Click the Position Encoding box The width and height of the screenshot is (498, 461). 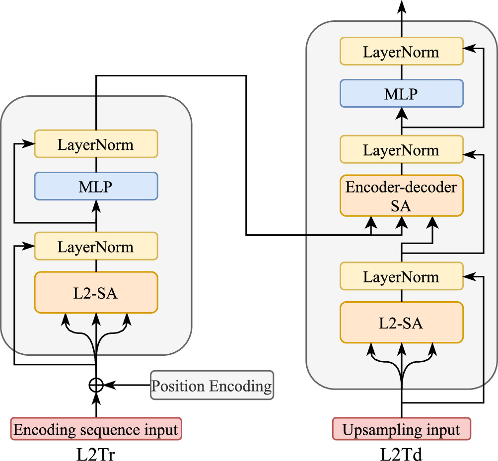212,385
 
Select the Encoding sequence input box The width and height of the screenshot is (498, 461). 96,429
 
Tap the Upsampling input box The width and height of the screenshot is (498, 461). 401,429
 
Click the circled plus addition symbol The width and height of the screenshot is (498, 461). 96,385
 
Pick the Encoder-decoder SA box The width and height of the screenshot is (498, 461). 401,196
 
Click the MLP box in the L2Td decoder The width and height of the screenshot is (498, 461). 401,93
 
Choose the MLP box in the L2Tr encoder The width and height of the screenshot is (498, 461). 96,187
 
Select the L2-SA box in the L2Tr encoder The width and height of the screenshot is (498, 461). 96,293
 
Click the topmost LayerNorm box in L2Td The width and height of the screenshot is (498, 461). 401,52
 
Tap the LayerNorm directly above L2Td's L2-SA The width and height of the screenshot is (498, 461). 401,276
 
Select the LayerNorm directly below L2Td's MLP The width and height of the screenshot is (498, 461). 401,150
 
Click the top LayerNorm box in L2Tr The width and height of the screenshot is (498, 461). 96,144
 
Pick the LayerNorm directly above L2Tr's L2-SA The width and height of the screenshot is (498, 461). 96,247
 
